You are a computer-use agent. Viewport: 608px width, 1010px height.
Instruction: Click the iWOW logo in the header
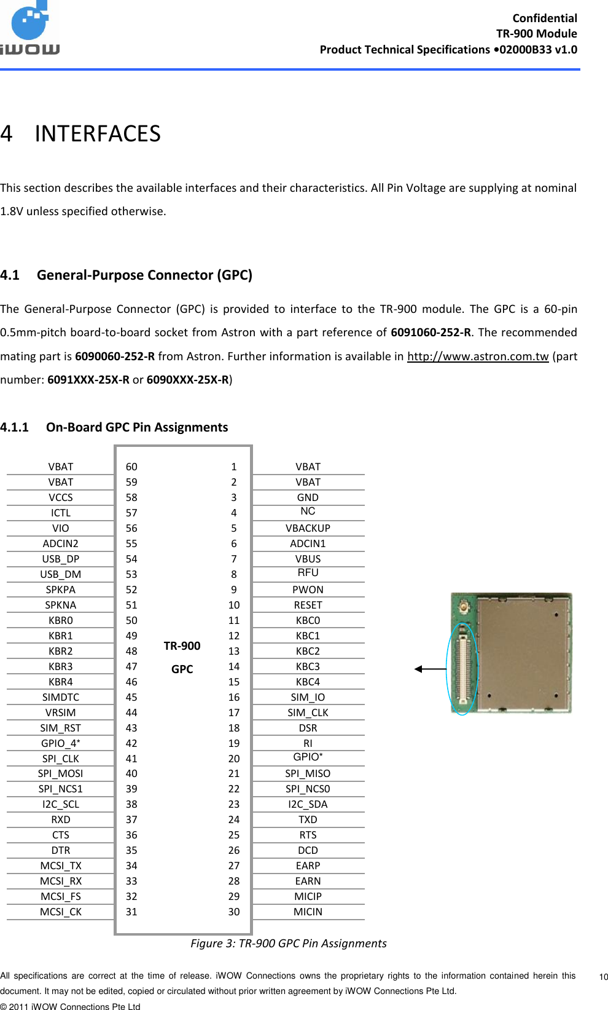point(31,30)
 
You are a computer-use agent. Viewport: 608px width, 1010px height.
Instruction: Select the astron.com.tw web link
point(477,357)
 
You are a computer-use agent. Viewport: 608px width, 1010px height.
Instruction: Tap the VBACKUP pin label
point(308,528)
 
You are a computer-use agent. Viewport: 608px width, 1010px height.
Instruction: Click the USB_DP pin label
point(60,559)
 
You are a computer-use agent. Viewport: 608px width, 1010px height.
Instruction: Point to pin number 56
point(131,528)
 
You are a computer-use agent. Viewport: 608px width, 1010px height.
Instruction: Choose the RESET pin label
point(308,605)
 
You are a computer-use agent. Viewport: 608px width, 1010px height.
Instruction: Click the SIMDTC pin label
point(60,697)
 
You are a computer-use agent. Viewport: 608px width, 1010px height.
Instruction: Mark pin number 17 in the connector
point(234,712)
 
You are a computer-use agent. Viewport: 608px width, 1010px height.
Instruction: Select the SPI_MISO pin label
point(308,773)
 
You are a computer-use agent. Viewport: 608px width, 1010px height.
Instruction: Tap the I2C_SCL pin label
point(60,804)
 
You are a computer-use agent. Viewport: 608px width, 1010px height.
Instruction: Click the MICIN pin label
point(308,912)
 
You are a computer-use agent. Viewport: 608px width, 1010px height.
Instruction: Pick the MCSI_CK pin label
point(60,912)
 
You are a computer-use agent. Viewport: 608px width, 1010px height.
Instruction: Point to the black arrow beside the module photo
point(430,669)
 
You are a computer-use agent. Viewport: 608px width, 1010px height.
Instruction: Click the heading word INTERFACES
point(98,134)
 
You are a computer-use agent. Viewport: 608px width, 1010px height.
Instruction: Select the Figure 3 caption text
point(288,944)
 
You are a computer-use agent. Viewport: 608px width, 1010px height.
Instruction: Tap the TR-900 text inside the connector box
point(182,645)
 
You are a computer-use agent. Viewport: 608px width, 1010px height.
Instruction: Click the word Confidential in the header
point(544,18)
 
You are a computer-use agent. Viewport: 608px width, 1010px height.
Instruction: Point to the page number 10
point(603,977)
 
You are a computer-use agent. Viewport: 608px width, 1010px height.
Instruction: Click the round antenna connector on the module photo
point(465,608)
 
